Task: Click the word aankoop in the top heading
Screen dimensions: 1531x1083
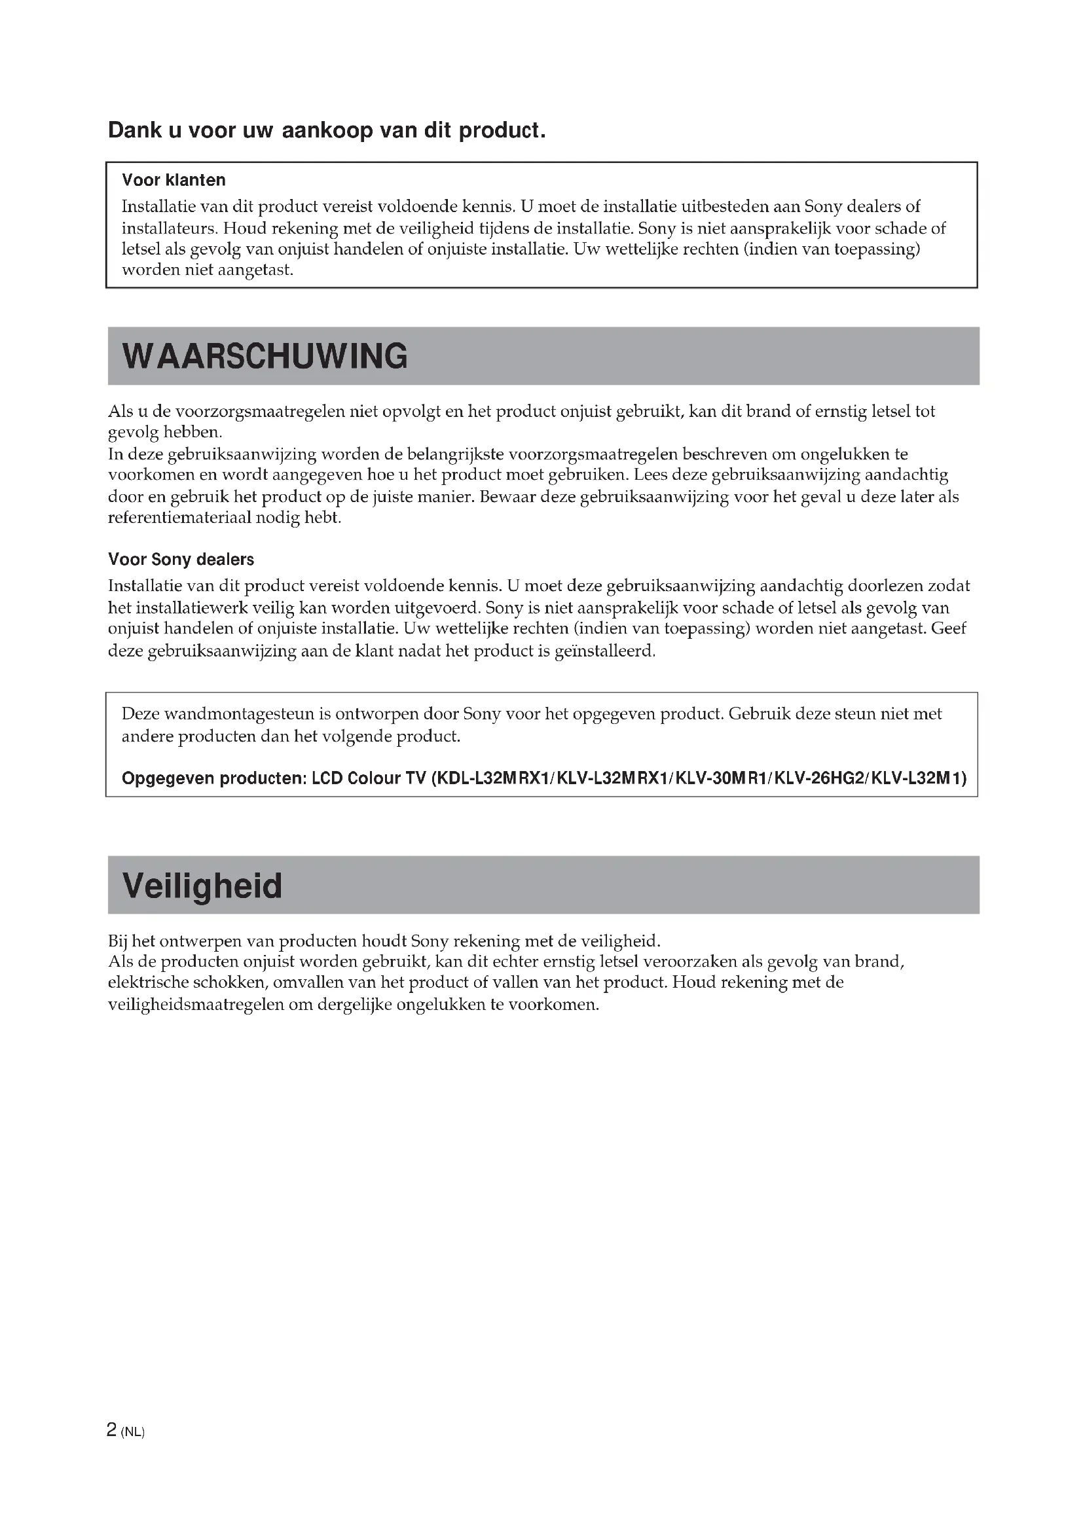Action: (x=327, y=130)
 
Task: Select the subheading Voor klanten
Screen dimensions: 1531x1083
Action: (x=174, y=180)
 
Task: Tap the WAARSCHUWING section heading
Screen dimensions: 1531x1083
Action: (x=265, y=356)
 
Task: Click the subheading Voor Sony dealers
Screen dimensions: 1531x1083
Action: (x=181, y=560)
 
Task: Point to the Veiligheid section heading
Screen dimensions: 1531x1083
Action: (x=202, y=886)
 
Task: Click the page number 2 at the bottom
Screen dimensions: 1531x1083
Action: (x=111, y=1430)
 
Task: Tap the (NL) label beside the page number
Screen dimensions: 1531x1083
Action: (x=133, y=1432)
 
